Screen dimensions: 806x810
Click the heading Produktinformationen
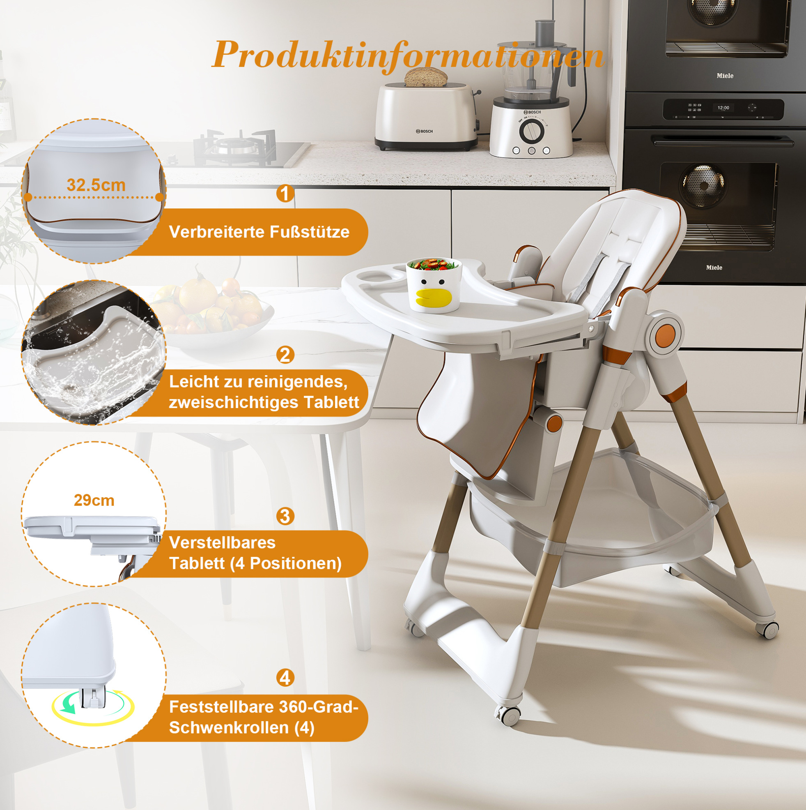(x=408, y=55)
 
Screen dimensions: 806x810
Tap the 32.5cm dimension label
(x=96, y=185)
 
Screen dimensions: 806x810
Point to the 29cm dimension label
(x=94, y=500)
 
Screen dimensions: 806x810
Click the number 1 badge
(x=285, y=193)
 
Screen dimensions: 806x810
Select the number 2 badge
(x=285, y=355)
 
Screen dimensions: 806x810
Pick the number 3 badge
(x=285, y=516)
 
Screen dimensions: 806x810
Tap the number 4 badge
(x=285, y=678)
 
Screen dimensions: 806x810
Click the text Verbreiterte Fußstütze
(x=259, y=232)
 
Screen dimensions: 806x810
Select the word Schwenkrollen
(x=229, y=727)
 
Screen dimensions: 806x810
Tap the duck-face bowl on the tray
(x=434, y=285)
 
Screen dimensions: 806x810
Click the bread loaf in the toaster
(x=426, y=77)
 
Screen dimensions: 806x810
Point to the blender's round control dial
(x=532, y=131)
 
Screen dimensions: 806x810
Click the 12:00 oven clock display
(x=723, y=108)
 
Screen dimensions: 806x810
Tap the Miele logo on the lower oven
(x=714, y=268)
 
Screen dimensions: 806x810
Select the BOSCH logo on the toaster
(x=425, y=131)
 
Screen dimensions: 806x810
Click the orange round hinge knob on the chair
(x=665, y=336)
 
